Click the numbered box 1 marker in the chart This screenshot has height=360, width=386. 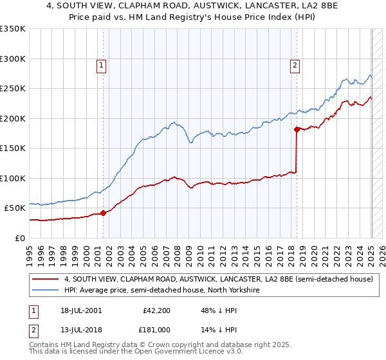coord(102,64)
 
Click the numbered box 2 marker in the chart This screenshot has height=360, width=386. coord(295,64)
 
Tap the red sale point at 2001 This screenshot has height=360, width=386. coord(103,213)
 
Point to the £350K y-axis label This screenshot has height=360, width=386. coord(13,29)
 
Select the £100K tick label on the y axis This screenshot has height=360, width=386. coord(13,178)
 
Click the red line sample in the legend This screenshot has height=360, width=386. coord(46,279)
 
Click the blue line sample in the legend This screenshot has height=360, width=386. coord(46,290)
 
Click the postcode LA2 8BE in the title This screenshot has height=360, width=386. coord(291,7)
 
